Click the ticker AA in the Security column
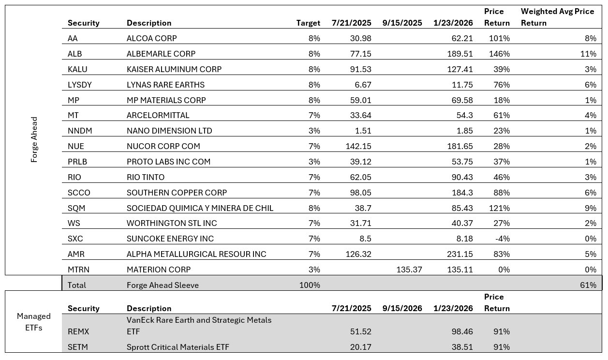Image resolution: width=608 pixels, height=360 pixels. [73, 38]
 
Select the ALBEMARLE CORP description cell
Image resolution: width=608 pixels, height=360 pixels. [161, 54]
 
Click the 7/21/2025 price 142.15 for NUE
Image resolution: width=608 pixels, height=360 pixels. [358, 146]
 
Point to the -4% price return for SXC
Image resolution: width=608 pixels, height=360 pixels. [502, 239]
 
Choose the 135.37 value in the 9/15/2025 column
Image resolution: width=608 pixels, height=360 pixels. [409, 270]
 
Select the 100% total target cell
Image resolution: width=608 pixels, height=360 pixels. [310, 285]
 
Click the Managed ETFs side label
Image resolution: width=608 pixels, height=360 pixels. [34, 322]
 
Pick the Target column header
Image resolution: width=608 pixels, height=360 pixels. [308, 23]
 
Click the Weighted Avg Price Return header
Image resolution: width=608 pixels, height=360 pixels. [557, 17]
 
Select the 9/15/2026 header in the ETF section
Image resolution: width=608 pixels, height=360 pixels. [402, 308]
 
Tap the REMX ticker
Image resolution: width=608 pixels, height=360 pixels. [78, 332]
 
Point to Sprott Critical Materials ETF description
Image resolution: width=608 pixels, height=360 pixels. [178, 347]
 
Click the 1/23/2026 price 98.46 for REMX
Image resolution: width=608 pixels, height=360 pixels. [460, 332]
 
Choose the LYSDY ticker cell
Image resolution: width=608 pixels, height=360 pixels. [80, 85]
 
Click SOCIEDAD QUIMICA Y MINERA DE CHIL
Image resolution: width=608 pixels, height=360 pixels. [200, 208]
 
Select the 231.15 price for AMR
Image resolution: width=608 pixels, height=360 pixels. [460, 254]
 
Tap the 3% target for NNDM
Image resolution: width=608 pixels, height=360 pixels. [314, 131]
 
